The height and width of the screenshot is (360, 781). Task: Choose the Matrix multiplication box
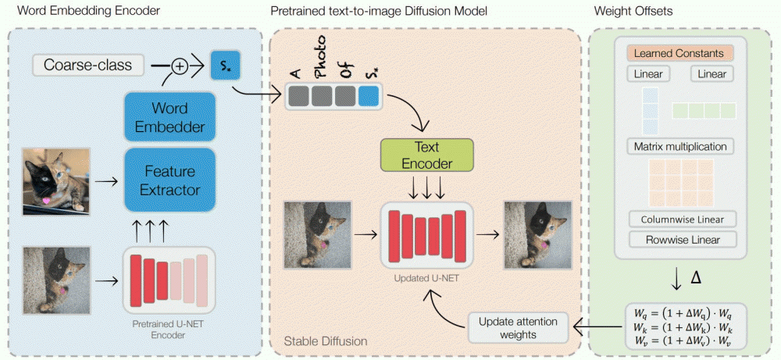click(x=679, y=146)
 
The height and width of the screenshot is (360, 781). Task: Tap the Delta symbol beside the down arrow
click(x=697, y=278)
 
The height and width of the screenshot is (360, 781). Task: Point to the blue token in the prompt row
click(x=368, y=94)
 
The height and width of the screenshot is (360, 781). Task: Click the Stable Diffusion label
click(x=323, y=341)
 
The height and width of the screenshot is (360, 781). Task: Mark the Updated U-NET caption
click(x=426, y=278)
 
